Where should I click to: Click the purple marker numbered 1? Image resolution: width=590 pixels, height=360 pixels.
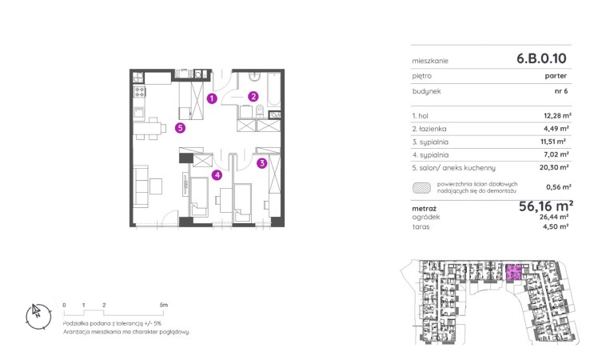[x=212, y=98]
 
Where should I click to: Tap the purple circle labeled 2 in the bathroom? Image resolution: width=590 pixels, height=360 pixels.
[x=253, y=97]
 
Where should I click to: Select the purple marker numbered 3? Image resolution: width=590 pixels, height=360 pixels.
[x=262, y=163]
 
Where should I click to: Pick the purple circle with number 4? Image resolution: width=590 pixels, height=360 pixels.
[x=217, y=174]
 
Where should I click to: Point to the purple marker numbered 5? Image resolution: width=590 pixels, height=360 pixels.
[x=180, y=128]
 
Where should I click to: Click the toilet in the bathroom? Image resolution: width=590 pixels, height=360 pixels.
[x=260, y=111]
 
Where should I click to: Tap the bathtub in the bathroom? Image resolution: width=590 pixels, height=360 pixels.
[x=273, y=90]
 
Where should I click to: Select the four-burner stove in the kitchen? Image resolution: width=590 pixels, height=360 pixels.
[x=140, y=91]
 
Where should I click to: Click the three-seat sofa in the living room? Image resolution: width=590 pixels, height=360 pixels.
[x=141, y=186]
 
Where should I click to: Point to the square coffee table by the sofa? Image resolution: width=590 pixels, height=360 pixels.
[x=156, y=186]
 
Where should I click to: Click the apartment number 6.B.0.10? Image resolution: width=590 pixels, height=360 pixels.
[x=541, y=58]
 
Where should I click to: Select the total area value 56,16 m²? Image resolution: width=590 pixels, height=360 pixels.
[x=546, y=206]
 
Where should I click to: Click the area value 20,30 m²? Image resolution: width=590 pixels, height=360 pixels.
[x=554, y=167]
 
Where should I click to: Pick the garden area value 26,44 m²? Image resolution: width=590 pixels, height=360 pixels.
[x=554, y=217]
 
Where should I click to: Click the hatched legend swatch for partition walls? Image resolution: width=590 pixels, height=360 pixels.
[x=421, y=187]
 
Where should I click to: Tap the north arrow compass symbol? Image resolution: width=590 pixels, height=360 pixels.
[x=38, y=316]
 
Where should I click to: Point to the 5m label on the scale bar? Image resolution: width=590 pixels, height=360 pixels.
[x=163, y=305]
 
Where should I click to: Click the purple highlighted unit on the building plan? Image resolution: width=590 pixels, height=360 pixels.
[x=513, y=272]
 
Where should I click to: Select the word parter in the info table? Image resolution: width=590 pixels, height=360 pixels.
[x=556, y=76]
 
